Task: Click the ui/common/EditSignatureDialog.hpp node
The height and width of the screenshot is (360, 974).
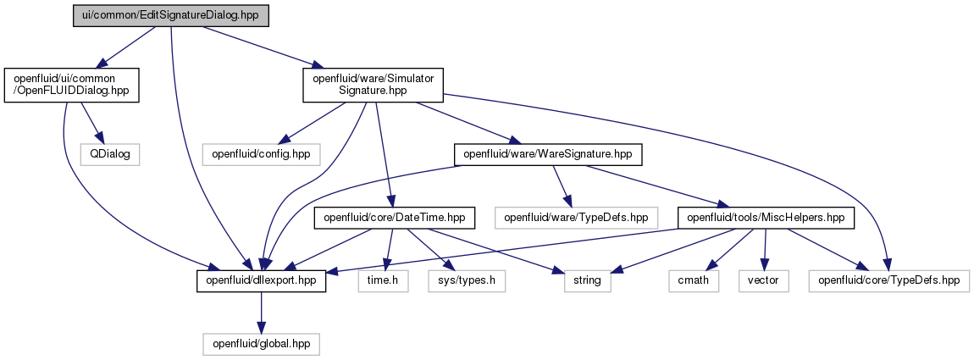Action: click(x=171, y=14)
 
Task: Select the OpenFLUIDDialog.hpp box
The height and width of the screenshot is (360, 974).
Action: click(x=71, y=86)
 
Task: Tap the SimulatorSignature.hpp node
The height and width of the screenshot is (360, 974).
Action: click(x=373, y=86)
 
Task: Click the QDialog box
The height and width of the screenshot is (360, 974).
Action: click(x=109, y=153)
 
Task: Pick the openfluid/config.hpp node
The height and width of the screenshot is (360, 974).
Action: click(x=261, y=153)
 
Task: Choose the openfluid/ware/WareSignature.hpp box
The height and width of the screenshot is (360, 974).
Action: click(x=548, y=153)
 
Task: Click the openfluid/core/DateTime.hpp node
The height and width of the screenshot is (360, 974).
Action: click(x=395, y=219)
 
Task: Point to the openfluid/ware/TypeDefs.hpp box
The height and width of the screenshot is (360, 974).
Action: click(x=575, y=219)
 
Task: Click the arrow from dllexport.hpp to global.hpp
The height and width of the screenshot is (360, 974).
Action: click(x=261, y=313)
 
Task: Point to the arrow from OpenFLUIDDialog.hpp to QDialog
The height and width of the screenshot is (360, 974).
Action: click(x=91, y=123)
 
